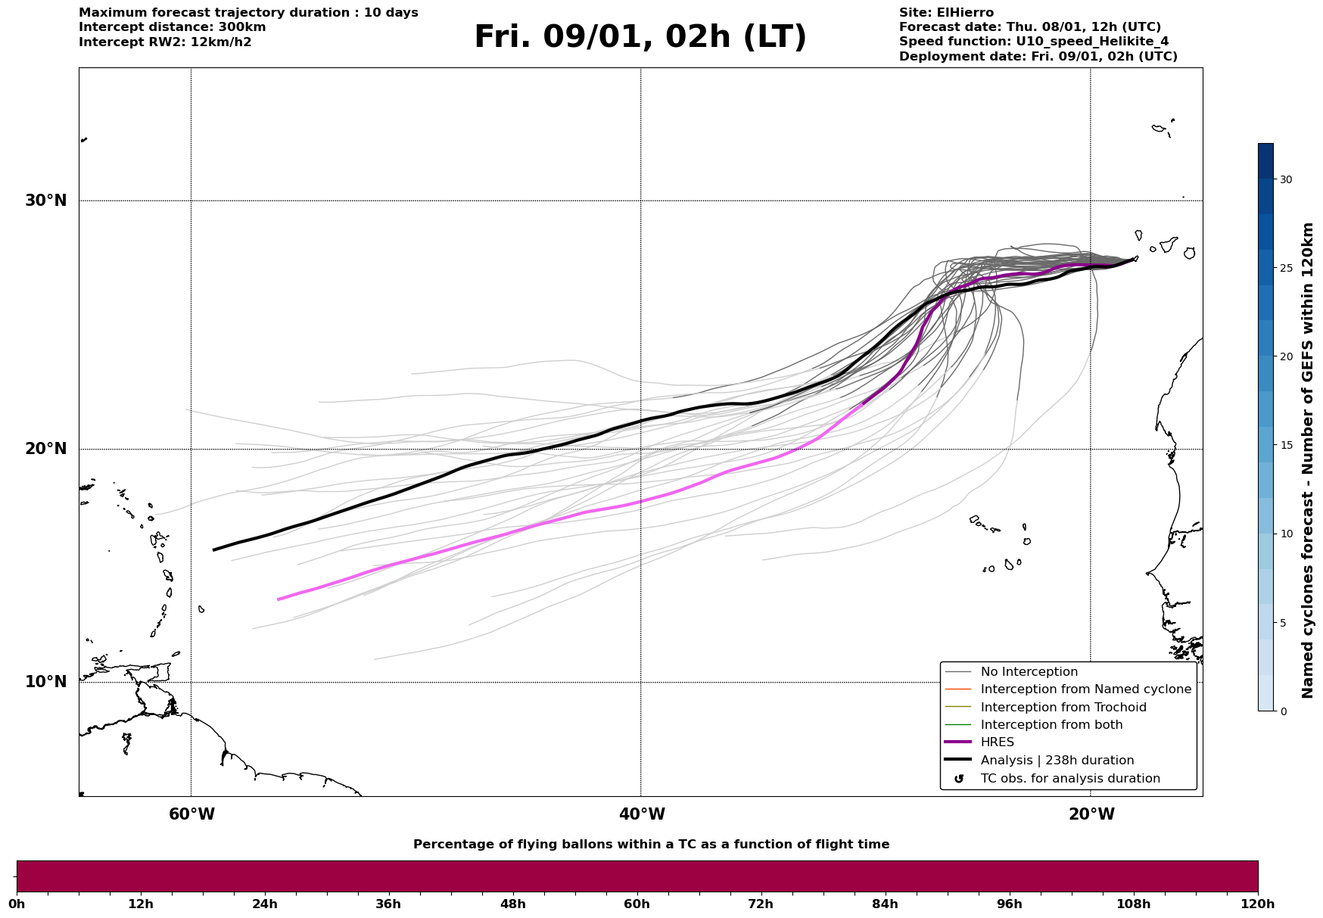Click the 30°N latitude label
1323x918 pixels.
[x=46, y=201]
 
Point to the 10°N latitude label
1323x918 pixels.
[x=46, y=682]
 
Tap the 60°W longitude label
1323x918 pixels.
[x=191, y=814]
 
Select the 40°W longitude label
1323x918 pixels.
[x=642, y=814]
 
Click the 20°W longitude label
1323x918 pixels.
[x=1091, y=814]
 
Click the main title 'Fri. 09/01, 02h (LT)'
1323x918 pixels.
[x=640, y=37]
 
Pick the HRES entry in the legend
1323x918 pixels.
[x=997, y=742]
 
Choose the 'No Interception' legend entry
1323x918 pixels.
[x=1029, y=672]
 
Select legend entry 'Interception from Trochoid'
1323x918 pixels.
[x=1063, y=708]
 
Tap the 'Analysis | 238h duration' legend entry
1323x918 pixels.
[x=1057, y=761]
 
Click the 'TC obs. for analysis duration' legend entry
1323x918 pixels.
[x=1069, y=779]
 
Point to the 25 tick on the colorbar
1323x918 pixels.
[x=1285, y=268]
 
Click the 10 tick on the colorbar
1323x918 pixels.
[x=1285, y=534]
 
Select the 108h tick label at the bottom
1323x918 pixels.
[x=1133, y=904]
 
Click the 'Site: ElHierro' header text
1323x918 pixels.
[x=946, y=13]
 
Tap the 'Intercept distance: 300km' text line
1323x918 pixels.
[x=172, y=27]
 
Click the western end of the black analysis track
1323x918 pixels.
[x=214, y=549]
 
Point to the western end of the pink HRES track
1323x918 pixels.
[x=279, y=599]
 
